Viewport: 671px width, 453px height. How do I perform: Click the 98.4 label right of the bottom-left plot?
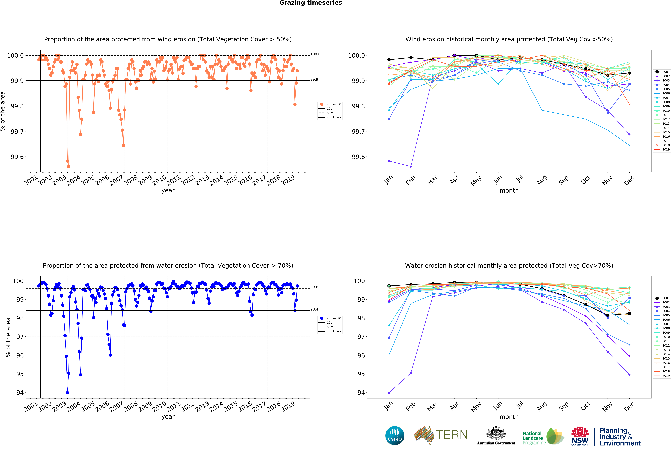click(x=314, y=309)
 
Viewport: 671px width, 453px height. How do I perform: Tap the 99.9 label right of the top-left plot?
click(x=314, y=79)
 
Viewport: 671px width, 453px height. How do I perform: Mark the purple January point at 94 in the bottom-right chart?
click(x=389, y=393)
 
